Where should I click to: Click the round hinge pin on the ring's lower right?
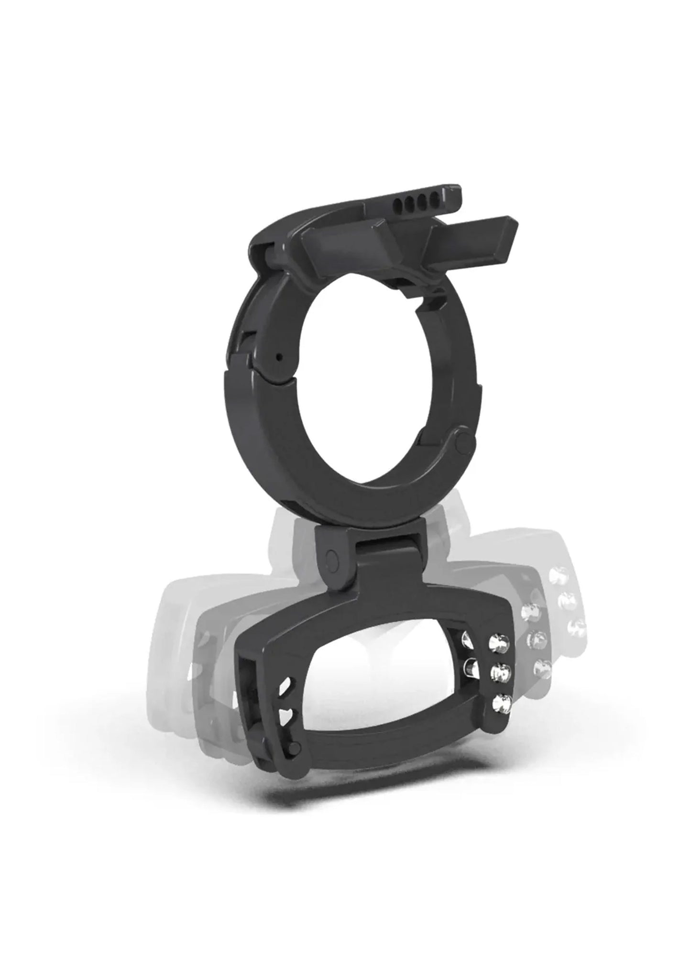click(x=461, y=442)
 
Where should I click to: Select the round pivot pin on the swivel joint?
click(x=331, y=558)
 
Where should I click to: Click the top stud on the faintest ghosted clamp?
click(x=558, y=576)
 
